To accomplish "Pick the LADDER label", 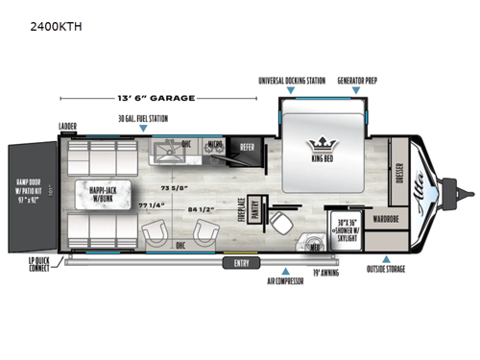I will click(x=67, y=125).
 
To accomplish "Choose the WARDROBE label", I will click(x=391, y=217).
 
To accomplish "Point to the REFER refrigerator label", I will click(x=246, y=148).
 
